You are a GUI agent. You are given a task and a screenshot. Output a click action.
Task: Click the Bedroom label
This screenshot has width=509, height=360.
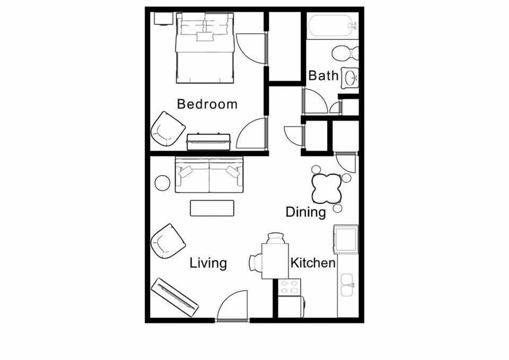(x=207, y=104)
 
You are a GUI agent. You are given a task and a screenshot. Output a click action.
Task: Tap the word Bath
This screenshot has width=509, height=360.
(x=323, y=76)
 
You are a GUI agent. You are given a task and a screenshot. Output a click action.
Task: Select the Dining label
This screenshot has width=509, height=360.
(x=305, y=213)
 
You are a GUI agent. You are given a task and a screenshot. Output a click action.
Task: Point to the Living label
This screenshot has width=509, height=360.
(x=208, y=263)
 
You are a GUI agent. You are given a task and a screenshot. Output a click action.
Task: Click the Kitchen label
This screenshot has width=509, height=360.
(x=313, y=263)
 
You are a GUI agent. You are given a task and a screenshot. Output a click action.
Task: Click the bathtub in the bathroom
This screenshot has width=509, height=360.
(x=332, y=24)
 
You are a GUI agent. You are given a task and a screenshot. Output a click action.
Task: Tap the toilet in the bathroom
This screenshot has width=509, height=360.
(x=345, y=53)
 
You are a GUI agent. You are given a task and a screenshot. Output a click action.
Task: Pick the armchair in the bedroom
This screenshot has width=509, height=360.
(x=168, y=129)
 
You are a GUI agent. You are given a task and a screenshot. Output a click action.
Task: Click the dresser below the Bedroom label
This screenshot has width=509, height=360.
(x=208, y=142)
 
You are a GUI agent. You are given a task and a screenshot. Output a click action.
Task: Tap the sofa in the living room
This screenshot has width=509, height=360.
(x=209, y=174)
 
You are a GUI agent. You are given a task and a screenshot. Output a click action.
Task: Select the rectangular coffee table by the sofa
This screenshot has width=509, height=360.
(x=212, y=208)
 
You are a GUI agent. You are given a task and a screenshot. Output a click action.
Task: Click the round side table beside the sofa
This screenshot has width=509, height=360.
(x=162, y=183)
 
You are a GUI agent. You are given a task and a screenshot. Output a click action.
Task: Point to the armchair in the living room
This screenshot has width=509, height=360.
(x=168, y=241)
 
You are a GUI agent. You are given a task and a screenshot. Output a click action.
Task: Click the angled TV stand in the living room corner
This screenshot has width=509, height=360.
(x=174, y=297)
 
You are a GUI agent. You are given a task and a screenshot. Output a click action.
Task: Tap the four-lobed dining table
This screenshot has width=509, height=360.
(x=325, y=188)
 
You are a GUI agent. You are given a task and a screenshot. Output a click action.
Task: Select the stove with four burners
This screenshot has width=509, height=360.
(x=289, y=287)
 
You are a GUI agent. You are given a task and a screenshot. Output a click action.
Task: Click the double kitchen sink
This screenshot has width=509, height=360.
(x=348, y=285)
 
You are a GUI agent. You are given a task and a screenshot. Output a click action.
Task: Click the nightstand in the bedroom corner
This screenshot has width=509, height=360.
(x=162, y=18)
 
